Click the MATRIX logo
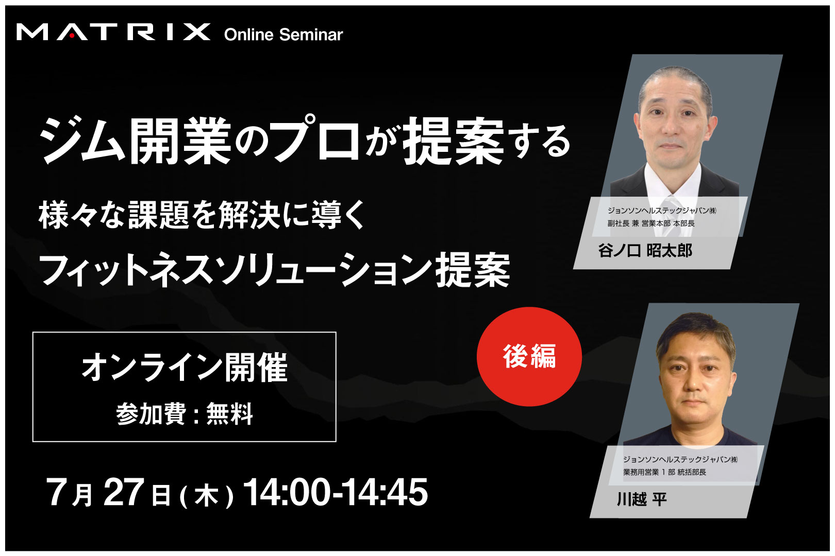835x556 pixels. coord(113,32)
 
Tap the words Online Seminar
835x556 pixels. coord(283,34)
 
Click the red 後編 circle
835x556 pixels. coord(529,356)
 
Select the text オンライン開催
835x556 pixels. coord(185,367)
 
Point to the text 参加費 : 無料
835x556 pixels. coord(185,414)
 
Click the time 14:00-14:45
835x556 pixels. coord(335,492)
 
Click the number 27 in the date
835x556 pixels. coord(124,492)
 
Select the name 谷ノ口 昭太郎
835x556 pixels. coord(645,251)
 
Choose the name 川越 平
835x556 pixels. coord(642,499)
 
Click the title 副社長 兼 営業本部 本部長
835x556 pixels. coord(651,223)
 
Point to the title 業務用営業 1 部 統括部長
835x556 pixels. coord(664,472)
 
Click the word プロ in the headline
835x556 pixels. coord(315,138)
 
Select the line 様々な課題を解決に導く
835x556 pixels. coord(202,215)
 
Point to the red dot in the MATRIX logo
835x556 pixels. coord(72,36)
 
